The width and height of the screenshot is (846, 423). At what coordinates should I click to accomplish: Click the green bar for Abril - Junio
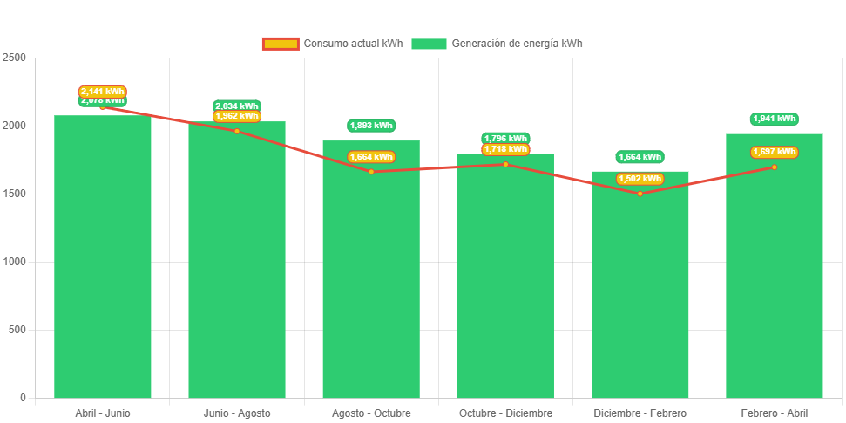pyautogui.click(x=103, y=262)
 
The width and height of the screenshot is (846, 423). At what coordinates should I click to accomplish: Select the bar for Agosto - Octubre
pyautogui.click(x=371, y=279)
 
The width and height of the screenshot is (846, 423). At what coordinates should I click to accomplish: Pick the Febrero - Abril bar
pyautogui.click(x=775, y=270)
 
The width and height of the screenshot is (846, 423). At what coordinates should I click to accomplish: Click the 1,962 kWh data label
pyautogui.click(x=237, y=116)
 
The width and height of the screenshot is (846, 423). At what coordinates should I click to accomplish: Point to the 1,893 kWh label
pyautogui.click(x=371, y=126)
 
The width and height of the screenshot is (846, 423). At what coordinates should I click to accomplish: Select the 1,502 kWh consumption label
pyautogui.click(x=640, y=179)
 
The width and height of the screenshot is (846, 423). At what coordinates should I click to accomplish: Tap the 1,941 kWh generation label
pyautogui.click(x=775, y=119)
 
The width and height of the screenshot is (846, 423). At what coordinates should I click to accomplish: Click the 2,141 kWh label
pyautogui.click(x=103, y=92)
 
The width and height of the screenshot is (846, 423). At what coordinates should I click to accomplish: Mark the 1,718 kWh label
pyautogui.click(x=505, y=149)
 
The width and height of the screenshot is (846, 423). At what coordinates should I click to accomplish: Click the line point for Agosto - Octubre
pyautogui.click(x=371, y=172)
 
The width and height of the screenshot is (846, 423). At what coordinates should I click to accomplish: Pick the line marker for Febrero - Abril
pyautogui.click(x=775, y=167)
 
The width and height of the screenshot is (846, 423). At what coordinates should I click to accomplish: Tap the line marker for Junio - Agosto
pyautogui.click(x=237, y=132)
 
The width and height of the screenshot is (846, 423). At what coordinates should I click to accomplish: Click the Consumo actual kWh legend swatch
pyautogui.click(x=281, y=44)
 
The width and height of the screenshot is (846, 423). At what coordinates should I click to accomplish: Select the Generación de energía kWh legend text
pyautogui.click(x=518, y=44)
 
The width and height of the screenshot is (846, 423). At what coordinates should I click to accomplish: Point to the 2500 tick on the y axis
pyautogui.click(x=15, y=58)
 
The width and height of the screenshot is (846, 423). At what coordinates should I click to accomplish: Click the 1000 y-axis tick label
pyautogui.click(x=15, y=262)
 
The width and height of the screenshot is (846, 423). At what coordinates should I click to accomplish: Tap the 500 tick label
pyautogui.click(x=17, y=330)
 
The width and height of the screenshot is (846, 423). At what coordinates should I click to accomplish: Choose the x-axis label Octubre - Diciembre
pyautogui.click(x=505, y=413)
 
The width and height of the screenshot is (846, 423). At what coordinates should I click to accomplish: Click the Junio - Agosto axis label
pyautogui.click(x=237, y=413)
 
